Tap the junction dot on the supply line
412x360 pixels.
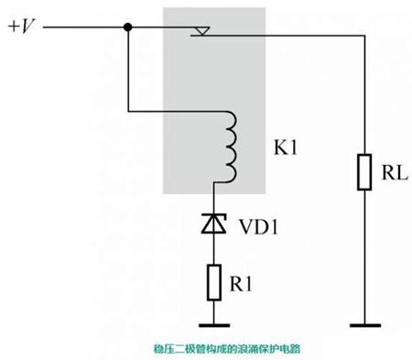[129, 28]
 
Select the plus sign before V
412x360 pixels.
[14, 26]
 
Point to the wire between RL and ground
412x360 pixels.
[364, 256]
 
